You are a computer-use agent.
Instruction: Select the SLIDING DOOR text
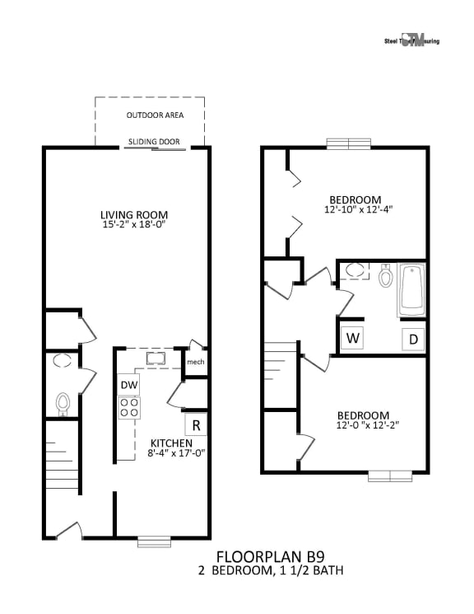click(154, 142)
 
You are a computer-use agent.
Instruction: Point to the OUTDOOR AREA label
click(155, 115)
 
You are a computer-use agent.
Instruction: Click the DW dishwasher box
click(128, 385)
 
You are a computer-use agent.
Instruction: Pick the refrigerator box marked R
click(196, 425)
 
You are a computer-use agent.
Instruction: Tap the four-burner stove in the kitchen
click(128, 407)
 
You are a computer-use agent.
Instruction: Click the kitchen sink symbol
click(155, 359)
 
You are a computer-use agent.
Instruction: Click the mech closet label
click(195, 362)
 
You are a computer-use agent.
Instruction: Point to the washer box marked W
click(352, 338)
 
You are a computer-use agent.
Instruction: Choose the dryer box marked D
click(413, 339)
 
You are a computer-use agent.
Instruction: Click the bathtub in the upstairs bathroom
click(411, 290)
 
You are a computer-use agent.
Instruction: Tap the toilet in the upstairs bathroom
click(385, 277)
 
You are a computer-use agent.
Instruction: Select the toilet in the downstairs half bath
click(63, 403)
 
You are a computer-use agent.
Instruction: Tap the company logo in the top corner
click(411, 40)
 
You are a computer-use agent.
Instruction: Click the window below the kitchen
click(154, 541)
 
